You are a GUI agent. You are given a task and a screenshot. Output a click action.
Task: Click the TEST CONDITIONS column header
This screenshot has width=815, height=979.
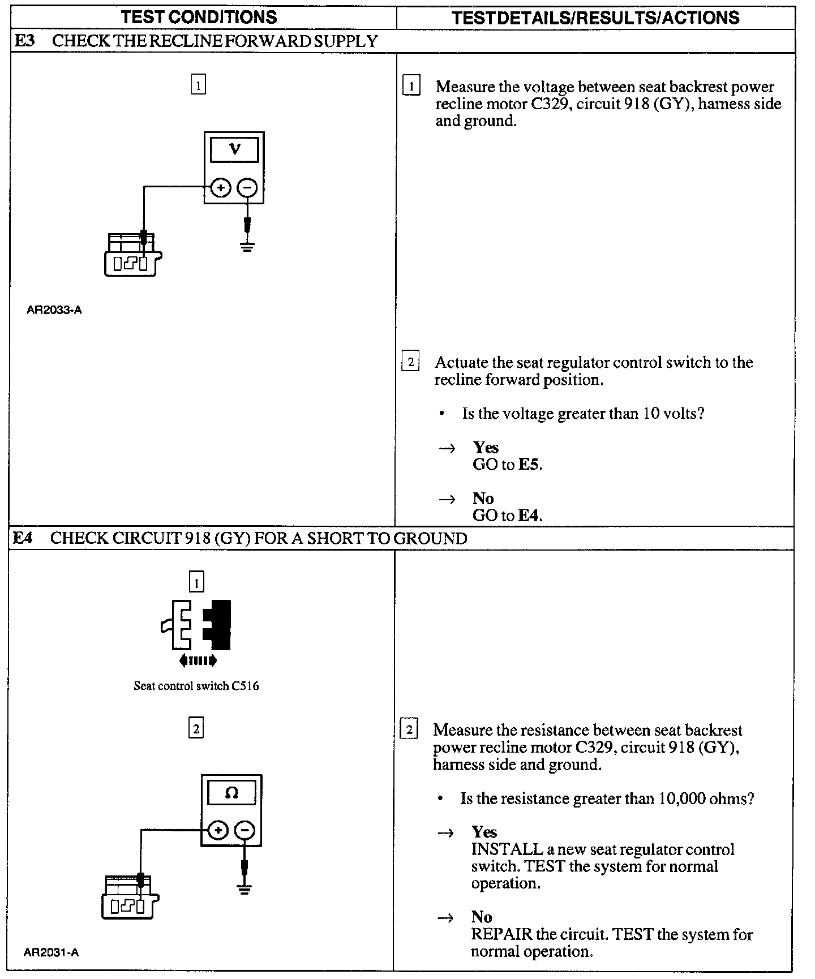click(x=199, y=17)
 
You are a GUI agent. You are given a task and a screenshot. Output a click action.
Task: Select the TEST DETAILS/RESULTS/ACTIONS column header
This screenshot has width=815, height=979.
click(x=595, y=18)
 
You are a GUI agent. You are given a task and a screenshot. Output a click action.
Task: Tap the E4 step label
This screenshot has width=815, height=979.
click(x=23, y=538)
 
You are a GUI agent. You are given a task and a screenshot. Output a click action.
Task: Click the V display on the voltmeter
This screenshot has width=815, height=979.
click(x=234, y=149)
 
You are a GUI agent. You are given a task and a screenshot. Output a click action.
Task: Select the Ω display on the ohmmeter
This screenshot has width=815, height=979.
click(x=231, y=793)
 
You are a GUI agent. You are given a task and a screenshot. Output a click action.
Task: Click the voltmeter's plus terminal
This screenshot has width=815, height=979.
click(x=221, y=187)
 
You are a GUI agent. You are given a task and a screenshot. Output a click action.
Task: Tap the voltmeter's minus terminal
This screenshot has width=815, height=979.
click(x=247, y=187)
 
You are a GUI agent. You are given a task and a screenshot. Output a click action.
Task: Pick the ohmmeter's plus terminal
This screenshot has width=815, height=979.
click(x=218, y=831)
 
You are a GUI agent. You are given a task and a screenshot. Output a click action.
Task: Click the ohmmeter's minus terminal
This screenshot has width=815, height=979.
click(x=244, y=831)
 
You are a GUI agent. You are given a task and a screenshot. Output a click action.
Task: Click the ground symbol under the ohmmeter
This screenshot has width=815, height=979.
click(x=244, y=889)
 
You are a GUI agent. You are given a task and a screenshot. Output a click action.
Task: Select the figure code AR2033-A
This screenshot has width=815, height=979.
click(x=54, y=310)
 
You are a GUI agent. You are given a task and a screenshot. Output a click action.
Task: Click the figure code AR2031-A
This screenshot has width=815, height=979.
click(x=52, y=952)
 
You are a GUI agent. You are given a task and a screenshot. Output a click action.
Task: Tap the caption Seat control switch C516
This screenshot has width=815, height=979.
click(x=196, y=686)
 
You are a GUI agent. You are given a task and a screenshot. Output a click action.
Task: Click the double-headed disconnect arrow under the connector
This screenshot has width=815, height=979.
click(x=197, y=660)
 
